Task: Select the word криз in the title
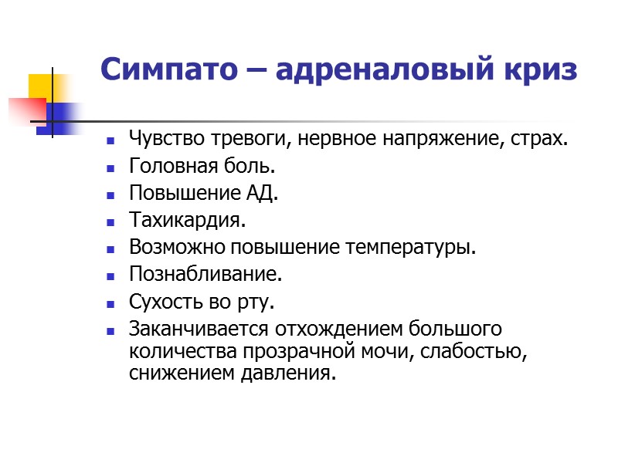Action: click(542, 70)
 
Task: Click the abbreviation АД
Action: click(260, 194)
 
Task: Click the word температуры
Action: click(422, 248)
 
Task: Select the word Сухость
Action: click(163, 302)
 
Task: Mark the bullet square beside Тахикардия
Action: click(111, 221)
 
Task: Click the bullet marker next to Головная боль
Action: click(111, 167)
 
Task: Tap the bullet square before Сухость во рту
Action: click(111, 302)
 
